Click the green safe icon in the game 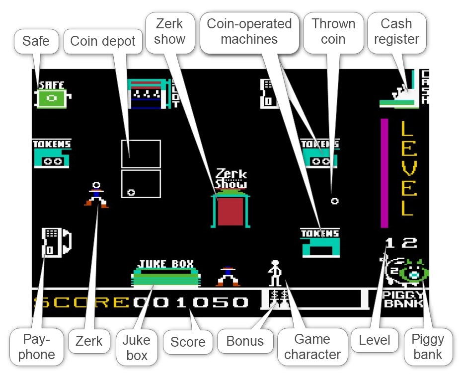[x=52, y=98]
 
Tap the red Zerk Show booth [x=230, y=211]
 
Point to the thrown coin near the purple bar [x=335, y=201]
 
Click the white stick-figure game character [x=275, y=273]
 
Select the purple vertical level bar [x=384, y=172]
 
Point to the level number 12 [x=401, y=243]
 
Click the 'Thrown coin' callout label [x=333, y=31]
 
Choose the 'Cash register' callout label [x=396, y=31]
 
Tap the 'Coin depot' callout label [x=103, y=41]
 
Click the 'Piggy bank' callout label [x=427, y=347]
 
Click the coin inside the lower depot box [x=131, y=192]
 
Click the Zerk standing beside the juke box [x=228, y=277]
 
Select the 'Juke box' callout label [x=136, y=347]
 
